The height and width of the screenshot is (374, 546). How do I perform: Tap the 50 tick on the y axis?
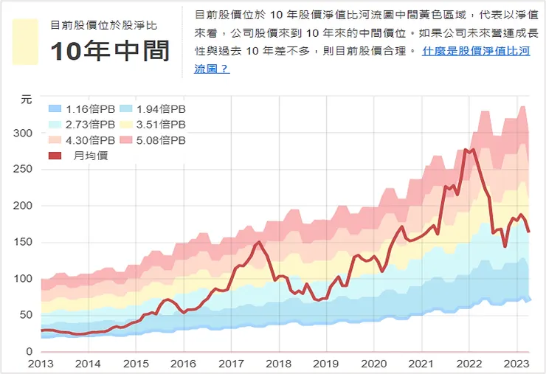click(x=27, y=315)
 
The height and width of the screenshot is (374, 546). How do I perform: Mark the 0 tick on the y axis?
click(x=30, y=351)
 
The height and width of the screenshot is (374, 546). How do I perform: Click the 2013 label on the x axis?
click(x=41, y=364)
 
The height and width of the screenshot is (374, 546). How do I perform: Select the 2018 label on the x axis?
click(x=278, y=364)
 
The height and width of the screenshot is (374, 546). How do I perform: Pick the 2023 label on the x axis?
click(x=516, y=364)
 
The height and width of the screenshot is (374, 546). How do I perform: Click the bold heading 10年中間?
click(x=109, y=51)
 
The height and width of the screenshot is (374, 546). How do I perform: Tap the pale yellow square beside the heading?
click(x=25, y=42)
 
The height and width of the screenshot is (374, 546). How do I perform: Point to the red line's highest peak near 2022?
click(x=465, y=150)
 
